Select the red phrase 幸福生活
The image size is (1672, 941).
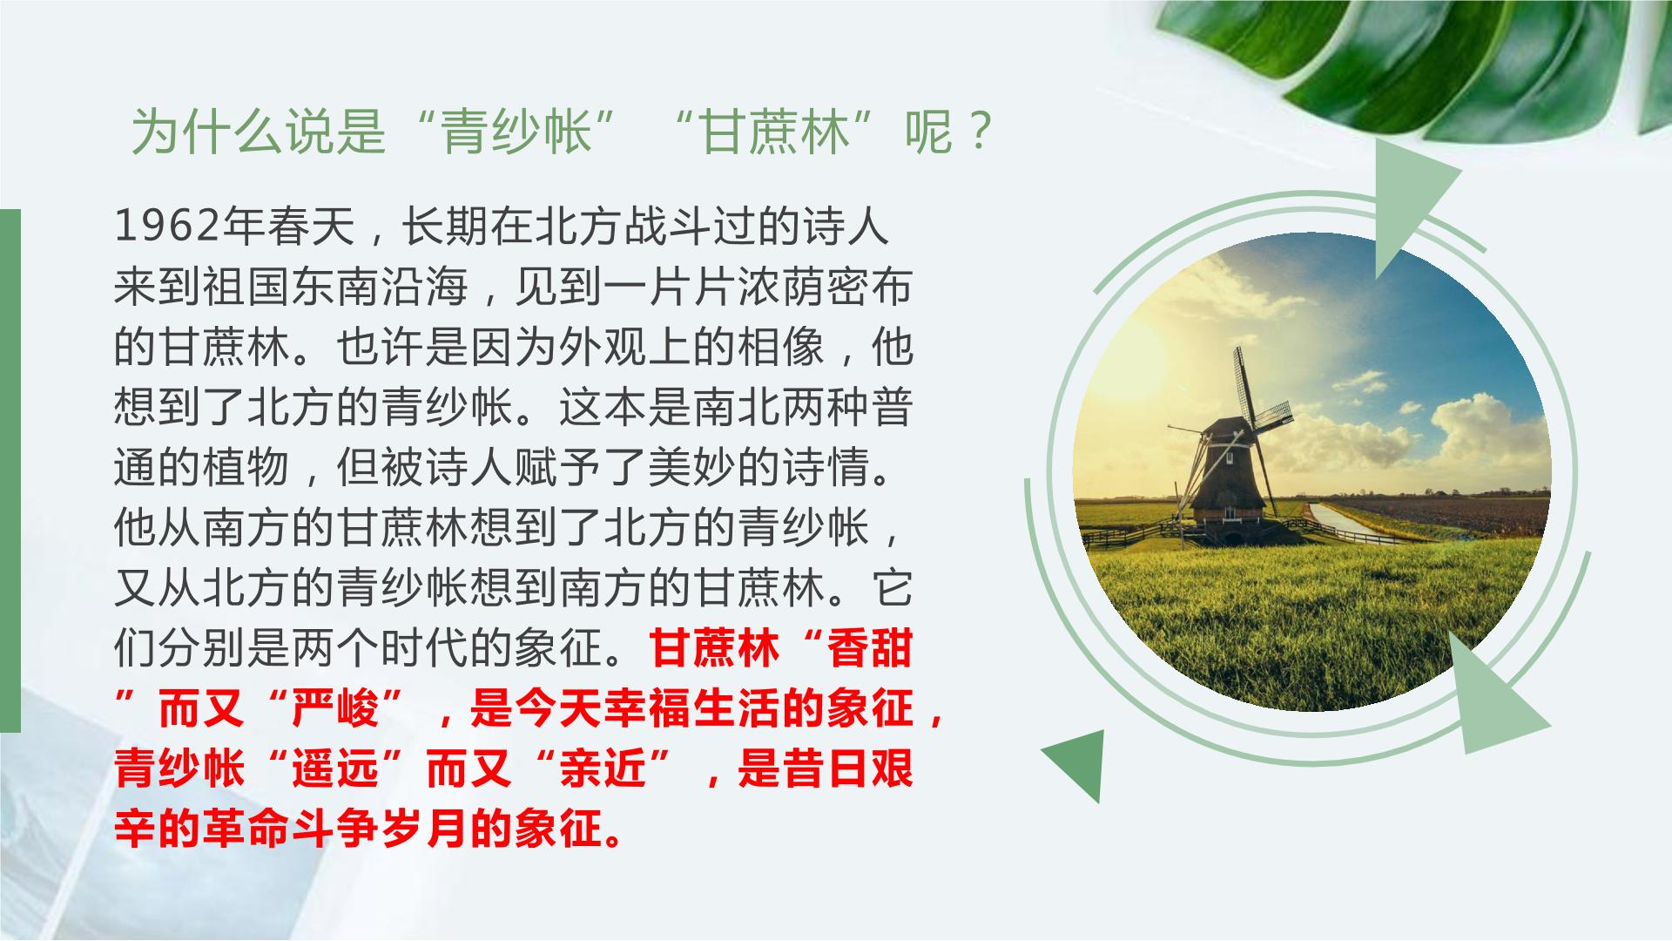tap(691, 709)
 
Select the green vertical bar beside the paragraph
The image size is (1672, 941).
tap(10, 470)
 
